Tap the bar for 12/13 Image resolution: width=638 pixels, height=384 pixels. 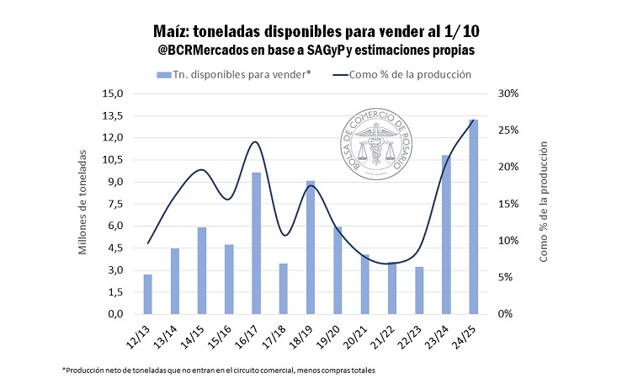coord(147,294)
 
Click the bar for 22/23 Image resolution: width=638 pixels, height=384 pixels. coord(418,290)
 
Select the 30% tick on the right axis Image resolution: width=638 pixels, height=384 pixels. coord(508,93)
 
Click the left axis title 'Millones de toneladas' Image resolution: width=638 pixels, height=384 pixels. coord(82,202)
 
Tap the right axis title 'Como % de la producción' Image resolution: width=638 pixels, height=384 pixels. coord(544,202)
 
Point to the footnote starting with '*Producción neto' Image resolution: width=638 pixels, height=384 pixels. coord(219,371)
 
